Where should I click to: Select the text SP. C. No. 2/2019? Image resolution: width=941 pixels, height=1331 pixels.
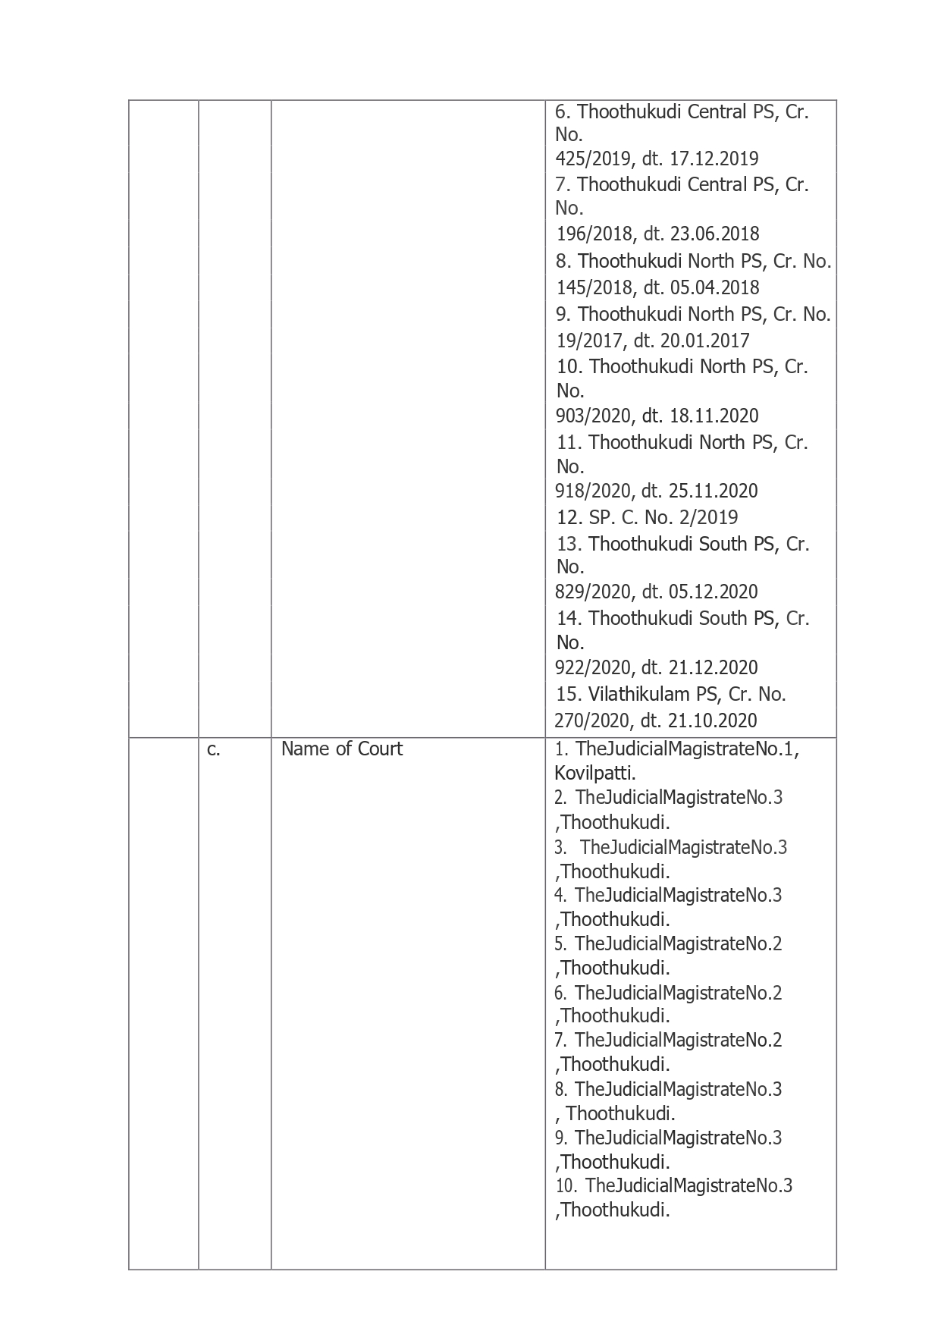pos(647,517)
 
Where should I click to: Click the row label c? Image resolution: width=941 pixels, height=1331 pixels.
pos(213,749)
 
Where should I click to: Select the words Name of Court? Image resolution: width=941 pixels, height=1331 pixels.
pos(341,749)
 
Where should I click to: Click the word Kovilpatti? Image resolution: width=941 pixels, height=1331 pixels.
pos(594,773)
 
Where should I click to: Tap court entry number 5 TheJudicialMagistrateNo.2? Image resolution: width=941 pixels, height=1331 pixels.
pos(678,943)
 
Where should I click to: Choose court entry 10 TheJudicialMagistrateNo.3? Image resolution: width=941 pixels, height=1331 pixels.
pos(688,1185)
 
